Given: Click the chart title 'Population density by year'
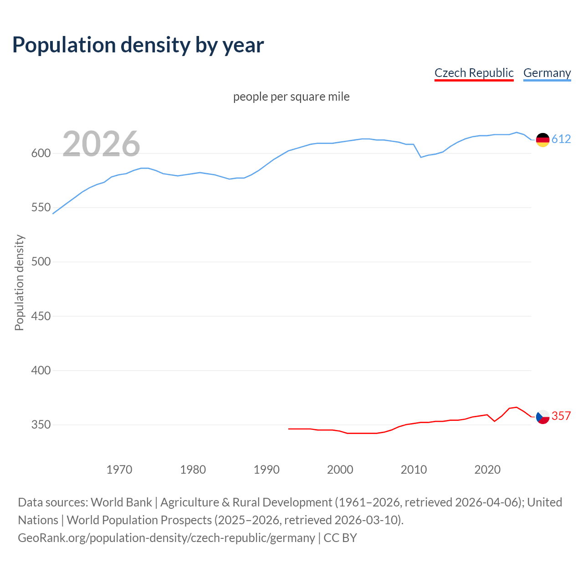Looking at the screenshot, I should (x=138, y=45).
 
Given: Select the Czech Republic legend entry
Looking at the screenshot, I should (x=474, y=73).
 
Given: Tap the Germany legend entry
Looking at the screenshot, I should (x=547, y=73).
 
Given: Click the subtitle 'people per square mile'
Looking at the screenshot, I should (x=291, y=97).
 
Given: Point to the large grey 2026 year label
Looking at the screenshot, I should (x=101, y=144).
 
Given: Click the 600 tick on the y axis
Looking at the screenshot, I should (x=41, y=153).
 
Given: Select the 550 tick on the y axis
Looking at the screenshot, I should (x=41, y=208).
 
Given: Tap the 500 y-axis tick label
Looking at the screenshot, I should (x=41, y=262).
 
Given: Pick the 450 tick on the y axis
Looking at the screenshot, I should (x=41, y=316).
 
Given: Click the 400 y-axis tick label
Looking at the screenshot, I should (x=41, y=370).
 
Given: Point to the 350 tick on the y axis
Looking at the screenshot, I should (x=41, y=425).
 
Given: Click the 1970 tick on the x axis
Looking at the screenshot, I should (x=119, y=470).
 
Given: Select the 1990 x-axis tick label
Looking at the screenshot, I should (x=266, y=470).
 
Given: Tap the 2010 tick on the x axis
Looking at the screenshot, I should (x=414, y=470).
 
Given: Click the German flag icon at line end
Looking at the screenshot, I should (x=542, y=140).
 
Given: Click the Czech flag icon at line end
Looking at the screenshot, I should (x=542, y=417).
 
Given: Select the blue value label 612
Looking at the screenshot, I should (x=561, y=139).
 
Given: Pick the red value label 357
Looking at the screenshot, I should (x=561, y=416).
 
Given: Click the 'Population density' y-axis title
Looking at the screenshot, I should (x=19, y=282).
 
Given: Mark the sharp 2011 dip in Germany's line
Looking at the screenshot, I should (x=421, y=157).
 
